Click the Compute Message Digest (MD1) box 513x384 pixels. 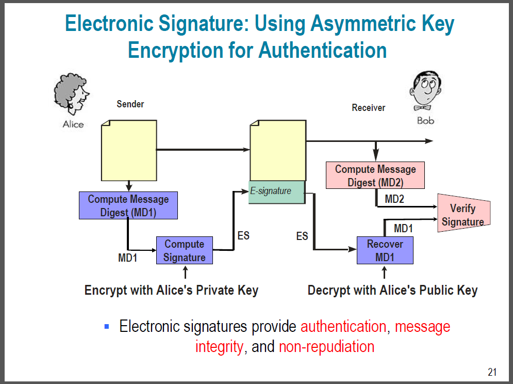coord(128,205)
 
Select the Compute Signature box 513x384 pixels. coord(185,250)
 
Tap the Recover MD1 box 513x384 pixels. coord(385,250)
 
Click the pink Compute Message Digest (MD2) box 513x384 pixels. coord(375,175)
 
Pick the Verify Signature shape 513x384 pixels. coord(463,215)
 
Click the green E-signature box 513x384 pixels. coord(277,192)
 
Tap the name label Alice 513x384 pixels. coord(73,124)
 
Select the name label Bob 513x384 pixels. coord(426,121)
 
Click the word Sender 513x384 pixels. coord(130,104)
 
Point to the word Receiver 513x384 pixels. coord(369,108)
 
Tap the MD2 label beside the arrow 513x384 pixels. coord(394,198)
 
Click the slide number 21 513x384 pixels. coord(492,372)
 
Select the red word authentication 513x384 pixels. coord(343,327)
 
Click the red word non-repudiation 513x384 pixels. coord(326,346)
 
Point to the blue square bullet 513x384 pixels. coord(107,326)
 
